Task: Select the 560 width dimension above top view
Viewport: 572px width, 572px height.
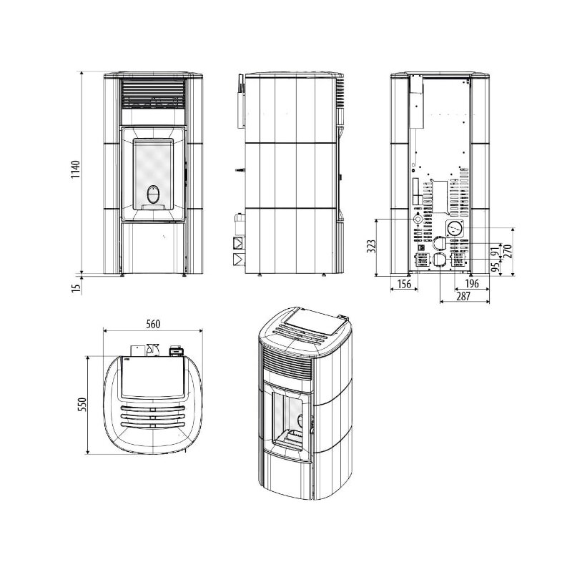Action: click(152, 324)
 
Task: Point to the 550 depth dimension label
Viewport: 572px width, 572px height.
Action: click(82, 405)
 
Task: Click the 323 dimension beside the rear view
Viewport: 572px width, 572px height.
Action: click(371, 247)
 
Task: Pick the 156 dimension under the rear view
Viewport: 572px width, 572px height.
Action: click(403, 285)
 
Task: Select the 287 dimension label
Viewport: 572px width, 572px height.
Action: click(464, 296)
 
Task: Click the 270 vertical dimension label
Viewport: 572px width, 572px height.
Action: click(509, 251)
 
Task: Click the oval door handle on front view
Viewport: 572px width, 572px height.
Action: click(154, 194)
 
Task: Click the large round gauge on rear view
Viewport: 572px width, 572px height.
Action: click(454, 230)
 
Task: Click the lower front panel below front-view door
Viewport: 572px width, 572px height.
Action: click(154, 247)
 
